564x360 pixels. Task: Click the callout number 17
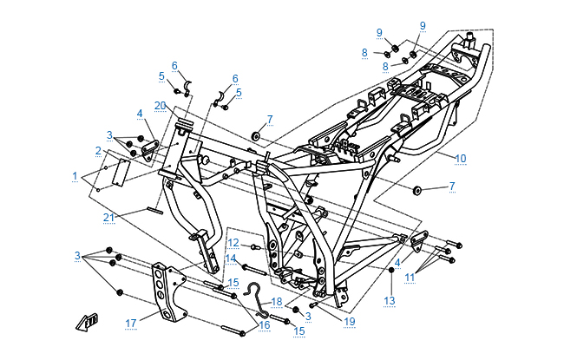point(131,324)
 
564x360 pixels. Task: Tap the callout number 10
point(461,159)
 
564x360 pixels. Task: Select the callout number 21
point(108,217)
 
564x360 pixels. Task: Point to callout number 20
point(160,105)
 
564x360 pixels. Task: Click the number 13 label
point(390,300)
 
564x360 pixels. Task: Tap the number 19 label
point(350,321)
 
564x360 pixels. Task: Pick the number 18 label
point(277,300)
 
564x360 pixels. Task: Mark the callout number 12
point(233,242)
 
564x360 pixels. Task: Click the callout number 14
point(231,259)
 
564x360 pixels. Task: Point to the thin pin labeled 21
point(153,208)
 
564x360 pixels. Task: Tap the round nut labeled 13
point(390,272)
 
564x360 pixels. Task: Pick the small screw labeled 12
point(252,247)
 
